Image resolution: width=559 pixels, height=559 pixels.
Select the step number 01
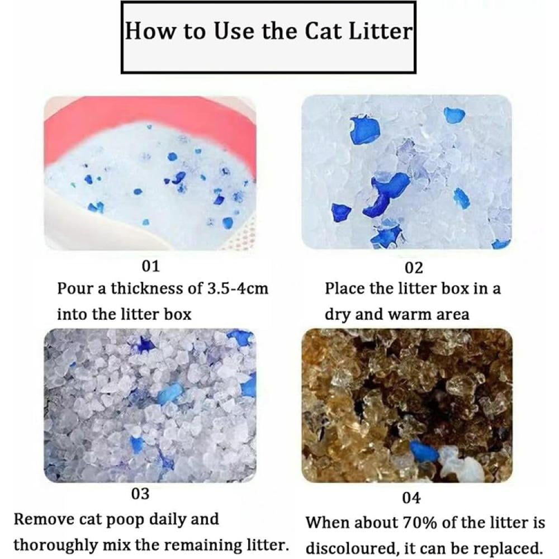coord(150,266)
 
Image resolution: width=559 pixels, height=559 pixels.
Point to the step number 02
coord(414,268)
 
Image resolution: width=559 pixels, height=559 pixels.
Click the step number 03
coord(140,494)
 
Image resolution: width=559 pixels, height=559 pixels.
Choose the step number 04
coord(411,498)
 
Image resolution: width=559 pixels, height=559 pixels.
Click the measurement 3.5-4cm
coord(238,288)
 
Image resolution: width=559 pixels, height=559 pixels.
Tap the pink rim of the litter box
coord(150,117)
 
